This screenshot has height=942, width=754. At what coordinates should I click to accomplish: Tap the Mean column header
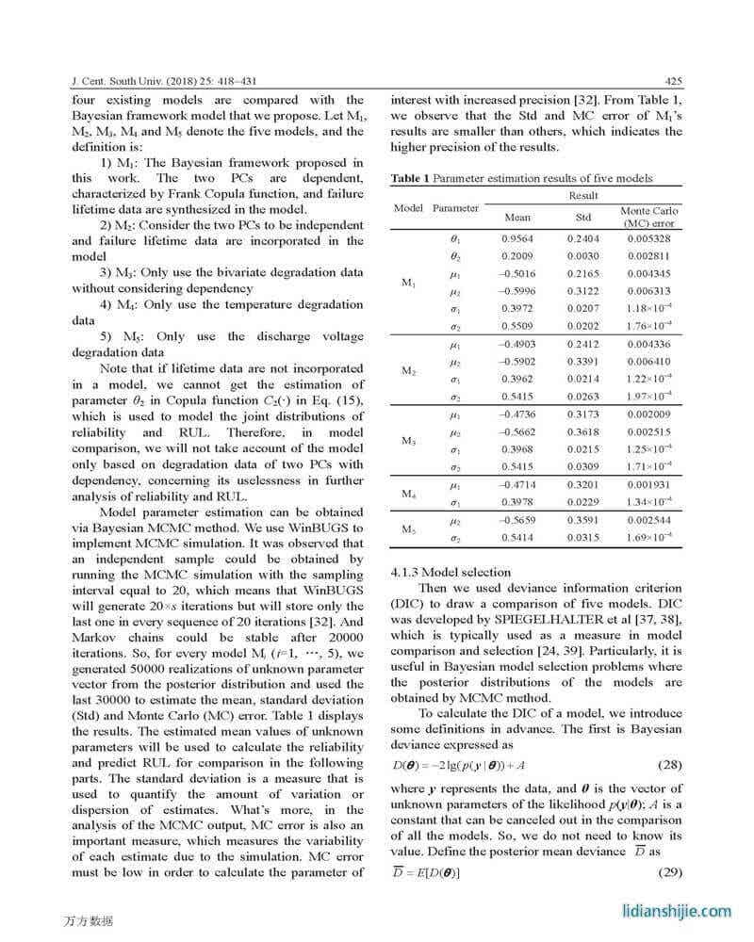pyautogui.click(x=517, y=217)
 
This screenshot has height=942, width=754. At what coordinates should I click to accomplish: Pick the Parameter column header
pyautogui.click(x=455, y=207)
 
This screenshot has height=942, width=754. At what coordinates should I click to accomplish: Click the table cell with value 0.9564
pyautogui.click(x=517, y=239)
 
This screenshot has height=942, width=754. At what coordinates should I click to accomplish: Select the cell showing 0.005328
pyautogui.click(x=648, y=239)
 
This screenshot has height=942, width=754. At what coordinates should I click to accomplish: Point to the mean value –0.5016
pyautogui.click(x=517, y=274)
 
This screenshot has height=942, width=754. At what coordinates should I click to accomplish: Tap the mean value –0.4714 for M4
pyautogui.click(x=517, y=485)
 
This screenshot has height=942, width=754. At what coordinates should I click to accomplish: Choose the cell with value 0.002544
pyautogui.click(x=648, y=520)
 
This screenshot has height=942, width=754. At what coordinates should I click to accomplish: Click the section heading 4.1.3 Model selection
pyautogui.click(x=451, y=572)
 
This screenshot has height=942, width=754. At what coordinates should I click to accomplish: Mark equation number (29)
pyautogui.click(x=665, y=872)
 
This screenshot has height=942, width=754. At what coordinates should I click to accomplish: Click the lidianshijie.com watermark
pyautogui.click(x=677, y=911)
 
